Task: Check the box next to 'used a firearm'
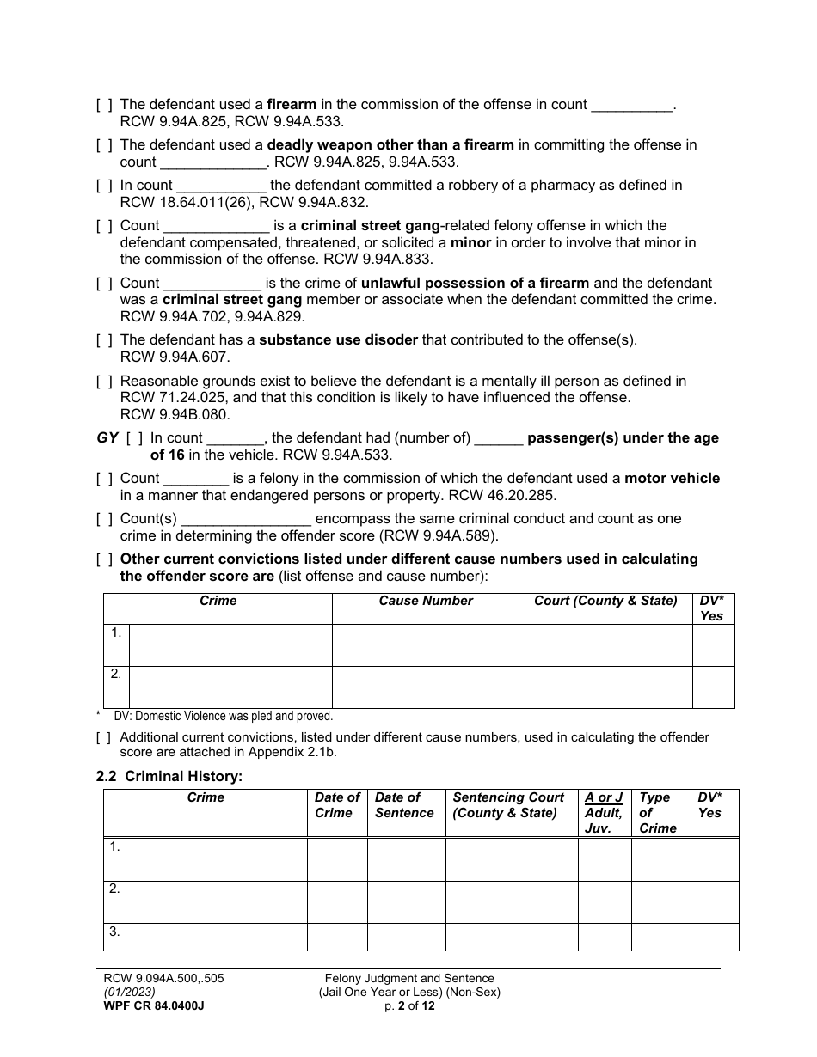[x=104, y=105]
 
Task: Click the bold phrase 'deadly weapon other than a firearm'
[x=390, y=145]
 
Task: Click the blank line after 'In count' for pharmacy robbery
[x=221, y=186]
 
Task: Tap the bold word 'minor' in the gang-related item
[x=470, y=243]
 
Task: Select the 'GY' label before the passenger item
[x=107, y=438]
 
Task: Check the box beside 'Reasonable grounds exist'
[x=104, y=381]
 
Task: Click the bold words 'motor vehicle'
[x=672, y=479]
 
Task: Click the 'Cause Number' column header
[x=426, y=602]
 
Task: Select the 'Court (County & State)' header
[x=605, y=602]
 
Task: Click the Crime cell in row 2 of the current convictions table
[x=230, y=687]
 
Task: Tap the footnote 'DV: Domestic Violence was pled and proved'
[x=223, y=716]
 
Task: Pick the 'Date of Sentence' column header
[x=404, y=805]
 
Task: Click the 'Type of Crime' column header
[x=657, y=813]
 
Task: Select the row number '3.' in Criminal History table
[x=114, y=932]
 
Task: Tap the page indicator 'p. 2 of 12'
[x=409, y=1005]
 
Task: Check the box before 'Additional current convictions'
[x=104, y=737]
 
